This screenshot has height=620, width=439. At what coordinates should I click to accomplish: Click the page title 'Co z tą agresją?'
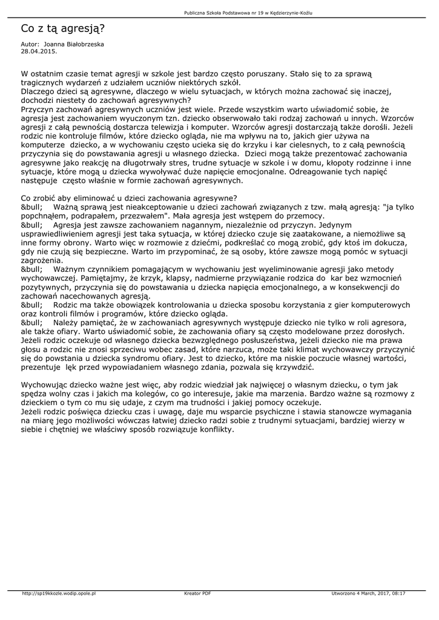62,28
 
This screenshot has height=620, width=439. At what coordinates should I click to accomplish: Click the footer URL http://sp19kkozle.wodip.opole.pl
59,593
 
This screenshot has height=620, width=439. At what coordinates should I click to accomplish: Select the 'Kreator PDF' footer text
197,593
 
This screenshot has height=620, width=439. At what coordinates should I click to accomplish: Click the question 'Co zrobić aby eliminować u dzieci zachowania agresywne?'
129,198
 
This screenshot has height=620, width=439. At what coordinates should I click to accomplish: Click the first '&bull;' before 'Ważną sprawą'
32,207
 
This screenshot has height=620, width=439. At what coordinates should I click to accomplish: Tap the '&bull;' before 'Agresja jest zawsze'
32,225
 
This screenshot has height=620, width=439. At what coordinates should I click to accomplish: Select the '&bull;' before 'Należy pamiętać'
32,323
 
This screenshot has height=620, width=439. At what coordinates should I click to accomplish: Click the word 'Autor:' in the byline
30,45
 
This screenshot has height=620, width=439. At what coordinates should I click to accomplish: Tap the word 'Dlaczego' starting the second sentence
40,91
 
